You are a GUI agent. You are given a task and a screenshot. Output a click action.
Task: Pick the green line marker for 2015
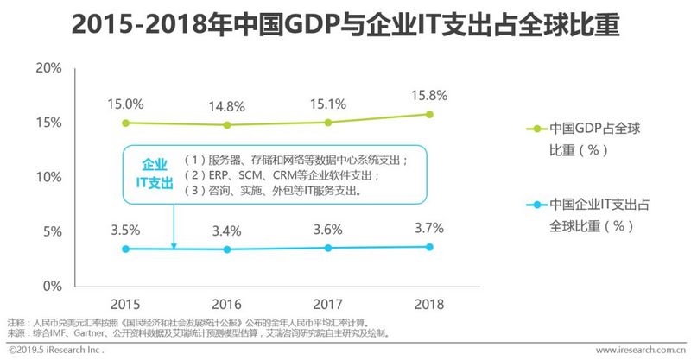coord(126,123)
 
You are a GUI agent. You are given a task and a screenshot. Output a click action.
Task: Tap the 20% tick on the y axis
coord(48,68)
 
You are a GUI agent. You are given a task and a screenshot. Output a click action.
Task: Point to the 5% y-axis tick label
coord(51,231)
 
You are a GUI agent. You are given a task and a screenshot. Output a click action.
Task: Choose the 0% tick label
coord(51,286)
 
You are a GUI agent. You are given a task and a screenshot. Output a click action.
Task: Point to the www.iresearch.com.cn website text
coord(640,351)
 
